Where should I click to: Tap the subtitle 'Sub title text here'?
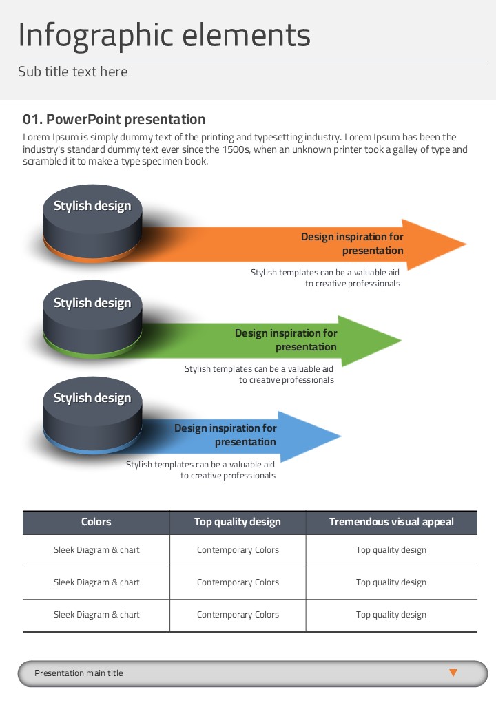point(72,72)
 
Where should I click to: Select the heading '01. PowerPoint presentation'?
point(114,120)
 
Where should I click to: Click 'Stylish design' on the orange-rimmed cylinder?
point(92,206)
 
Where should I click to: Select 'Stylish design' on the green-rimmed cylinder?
point(92,303)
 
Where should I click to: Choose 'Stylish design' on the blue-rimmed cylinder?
point(92,398)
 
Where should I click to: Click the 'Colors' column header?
point(96,522)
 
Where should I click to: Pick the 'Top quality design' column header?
point(238,522)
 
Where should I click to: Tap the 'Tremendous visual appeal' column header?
point(391,522)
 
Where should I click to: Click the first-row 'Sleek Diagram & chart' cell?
point(96,550)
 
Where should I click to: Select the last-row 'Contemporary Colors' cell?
point(238,615)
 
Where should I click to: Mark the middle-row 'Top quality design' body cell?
point(391,582)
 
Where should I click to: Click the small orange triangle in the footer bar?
point(453,673)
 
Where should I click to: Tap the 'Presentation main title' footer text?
point(79,673)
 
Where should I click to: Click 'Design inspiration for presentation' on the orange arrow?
point(353,244)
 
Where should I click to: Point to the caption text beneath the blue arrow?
point(200,470)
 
